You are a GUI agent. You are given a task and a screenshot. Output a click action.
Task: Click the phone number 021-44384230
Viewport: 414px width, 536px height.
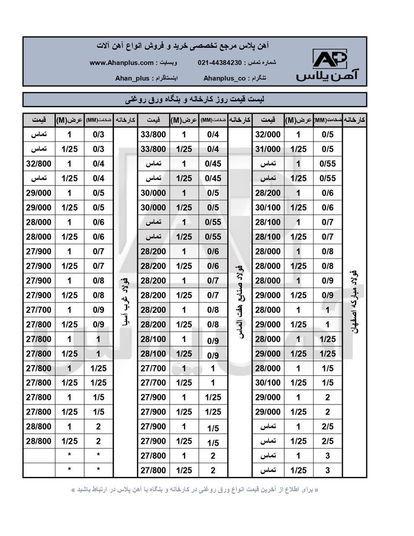pyautogui.click(x=219, y=63)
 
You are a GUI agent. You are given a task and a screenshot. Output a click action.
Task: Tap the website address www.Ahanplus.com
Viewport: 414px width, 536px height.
pyautogui.click(x=121, y=63)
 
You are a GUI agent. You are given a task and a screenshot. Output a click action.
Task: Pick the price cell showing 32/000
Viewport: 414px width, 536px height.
pyautogui.click(x=267, y=134)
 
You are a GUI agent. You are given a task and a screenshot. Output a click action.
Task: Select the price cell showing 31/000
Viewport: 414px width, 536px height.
pyautogui.click(x=267, y=149)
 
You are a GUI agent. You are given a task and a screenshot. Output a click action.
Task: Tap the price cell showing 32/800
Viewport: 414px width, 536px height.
pyautogui.click(x=39, y=164)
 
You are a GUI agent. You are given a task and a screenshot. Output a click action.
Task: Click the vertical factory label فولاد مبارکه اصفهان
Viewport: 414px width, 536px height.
pyautogui.click(x=354, y=301)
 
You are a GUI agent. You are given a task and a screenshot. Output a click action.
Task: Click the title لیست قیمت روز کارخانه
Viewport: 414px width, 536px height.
pyautogui.click(x=195, y=100)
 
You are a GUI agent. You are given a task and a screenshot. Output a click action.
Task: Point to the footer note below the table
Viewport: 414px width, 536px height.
pyautogui.click(x=195, y=489)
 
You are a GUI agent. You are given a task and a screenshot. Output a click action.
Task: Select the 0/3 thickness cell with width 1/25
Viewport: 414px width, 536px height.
pyautogui.click(x=98, y=149)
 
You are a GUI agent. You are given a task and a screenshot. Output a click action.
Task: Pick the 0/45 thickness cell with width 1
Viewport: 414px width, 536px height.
pyautogui.click(x=213, y=164)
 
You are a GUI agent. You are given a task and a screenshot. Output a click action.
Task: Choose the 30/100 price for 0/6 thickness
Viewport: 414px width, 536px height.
pyautogui.click(x=267, y=208)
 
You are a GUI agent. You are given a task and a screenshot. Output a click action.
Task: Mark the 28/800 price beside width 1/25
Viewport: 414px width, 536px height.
pyautogui.click(x=39, y=441)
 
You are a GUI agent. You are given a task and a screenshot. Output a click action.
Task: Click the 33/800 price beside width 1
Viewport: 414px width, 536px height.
pyautogui.click(x=153, y=134)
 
